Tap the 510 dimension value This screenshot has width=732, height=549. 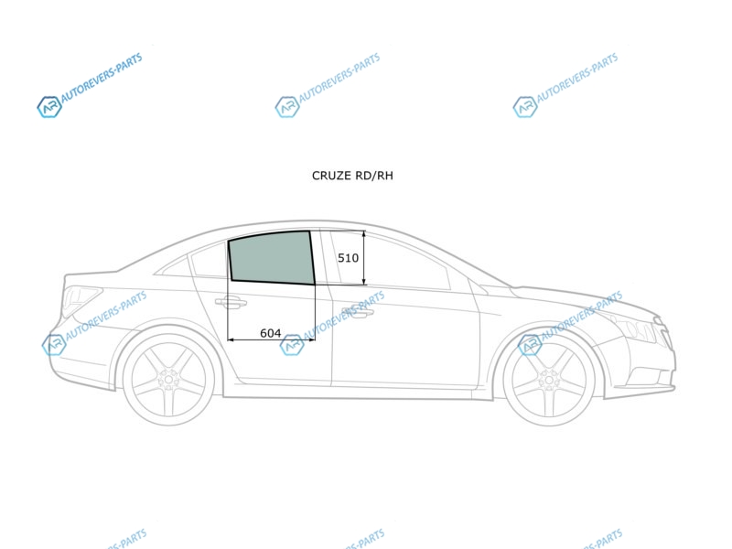[349, 258]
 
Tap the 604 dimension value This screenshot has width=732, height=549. [270, 333]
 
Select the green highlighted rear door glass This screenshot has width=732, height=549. [272, 258]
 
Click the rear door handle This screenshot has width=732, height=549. [231, 303]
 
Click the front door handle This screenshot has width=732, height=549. [358, 312]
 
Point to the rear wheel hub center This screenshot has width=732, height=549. [168, 379]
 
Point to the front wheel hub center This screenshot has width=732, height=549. [549, 380]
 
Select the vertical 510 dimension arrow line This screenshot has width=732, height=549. [364, 258]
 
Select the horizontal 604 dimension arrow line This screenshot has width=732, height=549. [271, 339]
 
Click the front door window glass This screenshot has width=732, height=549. [393, 262]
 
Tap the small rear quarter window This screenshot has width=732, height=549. [174, 267]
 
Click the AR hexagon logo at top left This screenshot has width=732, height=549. [49, 107]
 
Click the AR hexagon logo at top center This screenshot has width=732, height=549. [287, 107]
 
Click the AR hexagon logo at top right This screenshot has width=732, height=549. [525, 107]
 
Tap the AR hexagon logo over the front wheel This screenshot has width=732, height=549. [531, 345]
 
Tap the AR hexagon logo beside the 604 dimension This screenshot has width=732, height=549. [292, 345]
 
